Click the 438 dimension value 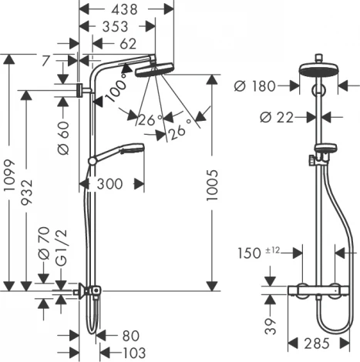coord(123,9)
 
